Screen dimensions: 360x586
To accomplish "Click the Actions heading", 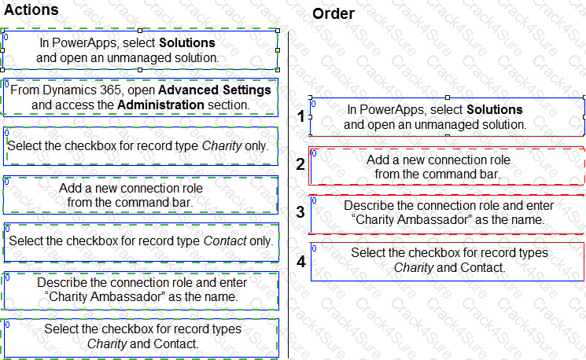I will [31, 9].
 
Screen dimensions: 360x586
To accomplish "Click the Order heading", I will [333, 13].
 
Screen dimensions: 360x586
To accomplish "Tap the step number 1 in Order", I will [300, 117].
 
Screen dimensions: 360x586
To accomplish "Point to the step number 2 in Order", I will [300, 164].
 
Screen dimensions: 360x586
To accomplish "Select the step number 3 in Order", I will [300, 212].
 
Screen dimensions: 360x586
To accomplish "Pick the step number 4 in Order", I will [300, 261].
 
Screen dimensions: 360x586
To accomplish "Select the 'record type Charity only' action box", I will [140, 145].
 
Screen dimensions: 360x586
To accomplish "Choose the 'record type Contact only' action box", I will [140, 241].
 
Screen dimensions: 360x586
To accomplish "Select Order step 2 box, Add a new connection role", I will [446, 167].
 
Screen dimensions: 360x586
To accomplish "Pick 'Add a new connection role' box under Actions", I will [140, 195].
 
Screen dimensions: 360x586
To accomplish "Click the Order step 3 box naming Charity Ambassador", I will [446, 213].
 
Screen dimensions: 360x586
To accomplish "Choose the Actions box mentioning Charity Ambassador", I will [140, 290].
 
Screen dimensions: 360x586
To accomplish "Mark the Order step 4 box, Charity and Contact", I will [448, 260].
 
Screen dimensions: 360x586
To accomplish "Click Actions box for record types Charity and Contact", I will [140, 336].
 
